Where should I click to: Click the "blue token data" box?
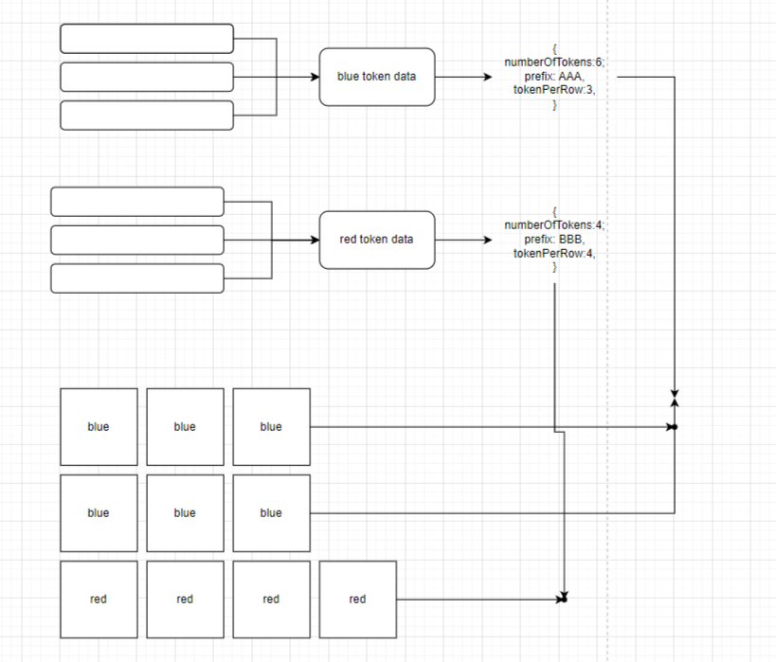(x=376, y=77)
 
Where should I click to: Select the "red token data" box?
(x=376, y=240)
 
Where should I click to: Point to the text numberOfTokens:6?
(x=554, y=63)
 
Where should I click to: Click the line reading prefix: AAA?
(x=554, y=77)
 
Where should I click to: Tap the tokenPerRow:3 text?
(x=554, y=90)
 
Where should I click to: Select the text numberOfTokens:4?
(x=554, y=225)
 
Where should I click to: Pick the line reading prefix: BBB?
(x=554, y=240)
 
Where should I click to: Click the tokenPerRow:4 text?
(x=554, y=253)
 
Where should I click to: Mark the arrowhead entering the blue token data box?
(x=316, y=77)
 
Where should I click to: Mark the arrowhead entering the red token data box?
(x=316, y=240)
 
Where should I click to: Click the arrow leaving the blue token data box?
(x=464, y=77)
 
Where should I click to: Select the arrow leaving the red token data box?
(x=464, y=240)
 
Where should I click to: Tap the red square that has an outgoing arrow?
(x=357, y=599)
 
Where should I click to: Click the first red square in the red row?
(x=99, y=599)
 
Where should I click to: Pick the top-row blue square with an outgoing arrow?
(x=271, y=427)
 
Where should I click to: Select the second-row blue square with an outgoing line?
(x=271, y=513)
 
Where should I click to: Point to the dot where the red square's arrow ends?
(x=563, y=599)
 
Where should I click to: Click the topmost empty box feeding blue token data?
(x=147, y=39)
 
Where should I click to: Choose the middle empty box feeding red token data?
(x=137, y=240)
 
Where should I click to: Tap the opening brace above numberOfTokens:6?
(x=554, y=49)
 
